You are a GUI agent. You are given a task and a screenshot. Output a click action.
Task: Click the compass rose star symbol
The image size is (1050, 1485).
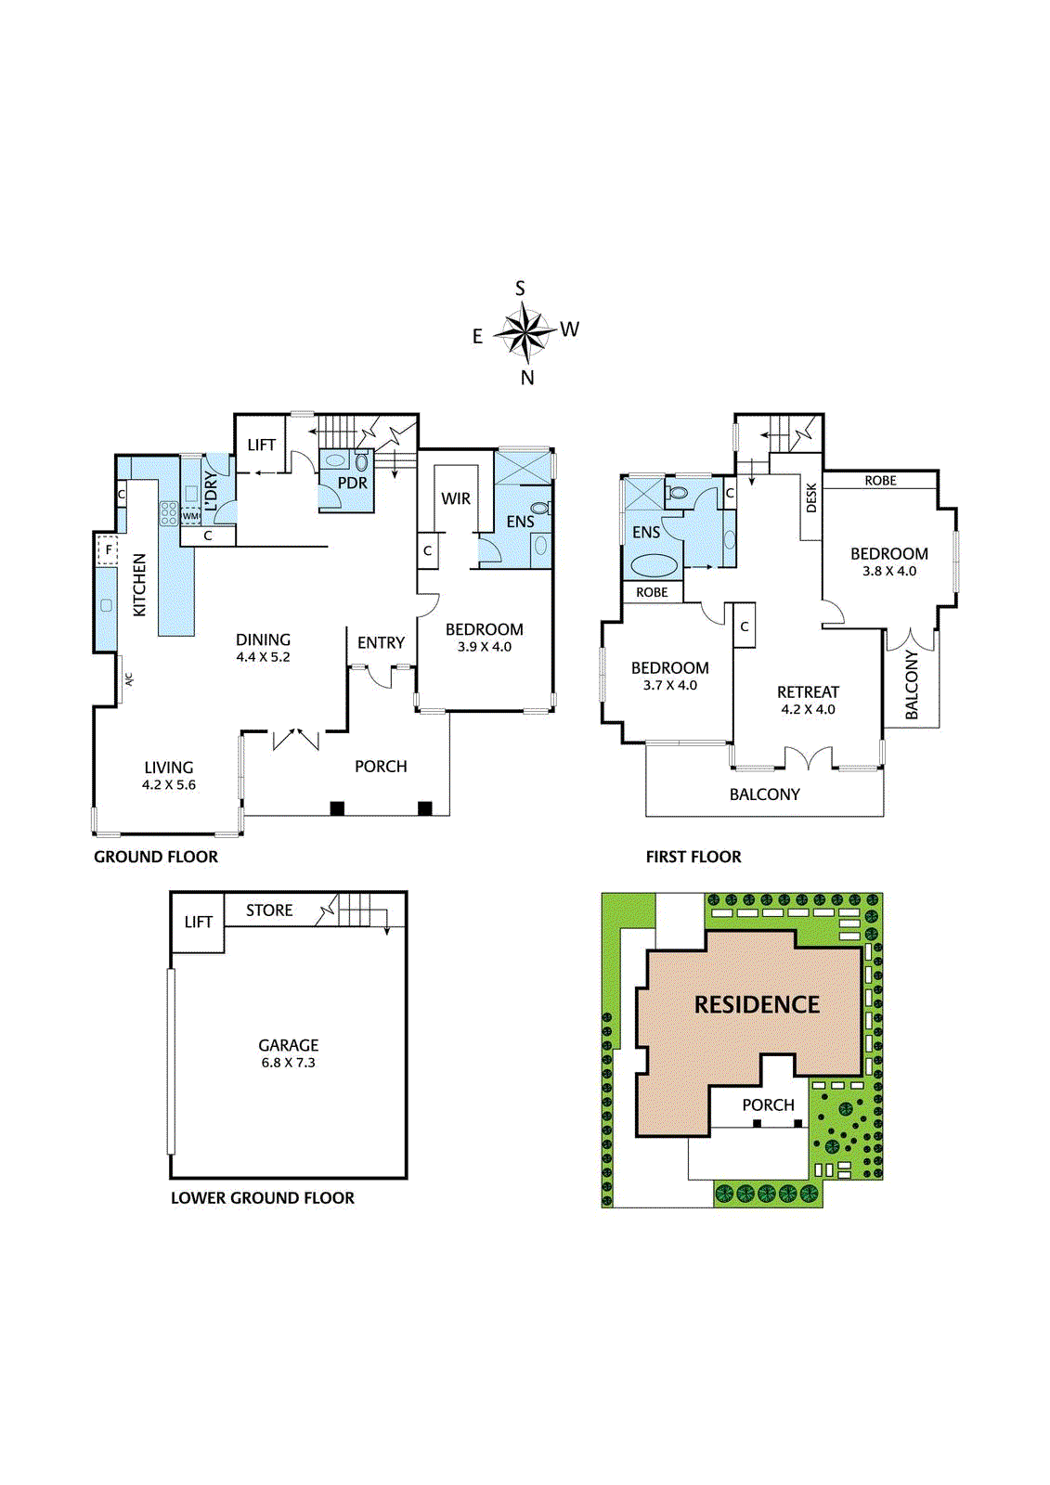[x=525, y=332]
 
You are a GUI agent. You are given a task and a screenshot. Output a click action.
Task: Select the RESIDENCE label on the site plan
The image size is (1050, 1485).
[x=757, y=1004]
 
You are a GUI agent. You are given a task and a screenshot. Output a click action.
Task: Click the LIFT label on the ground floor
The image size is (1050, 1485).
[x=261, y=445]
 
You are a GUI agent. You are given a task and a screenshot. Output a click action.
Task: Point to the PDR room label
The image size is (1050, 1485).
[x=352, y=483]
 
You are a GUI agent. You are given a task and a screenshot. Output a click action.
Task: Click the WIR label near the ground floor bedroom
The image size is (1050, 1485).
[x=455, y=498]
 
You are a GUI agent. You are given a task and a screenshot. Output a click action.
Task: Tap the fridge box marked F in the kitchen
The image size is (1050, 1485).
[x=109, y=550]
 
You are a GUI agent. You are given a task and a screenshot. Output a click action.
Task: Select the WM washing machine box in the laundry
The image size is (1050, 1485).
[x=190, y=516]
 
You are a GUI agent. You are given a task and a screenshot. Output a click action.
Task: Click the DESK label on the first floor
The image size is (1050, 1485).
[x=811, y=497]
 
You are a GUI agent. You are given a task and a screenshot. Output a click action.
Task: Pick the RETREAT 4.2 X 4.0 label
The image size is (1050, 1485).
[x=808, y=700]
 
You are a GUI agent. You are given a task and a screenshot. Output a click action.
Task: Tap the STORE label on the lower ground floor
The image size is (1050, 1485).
[x=269, y=910]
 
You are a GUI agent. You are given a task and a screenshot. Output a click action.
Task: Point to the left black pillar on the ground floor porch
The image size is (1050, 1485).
[x=337, y=808]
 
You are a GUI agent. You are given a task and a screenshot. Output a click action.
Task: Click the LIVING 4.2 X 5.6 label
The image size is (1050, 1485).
[x=169, y=775]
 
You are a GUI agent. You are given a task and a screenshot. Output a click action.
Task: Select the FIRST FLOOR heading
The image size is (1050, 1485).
[x=694, y=857]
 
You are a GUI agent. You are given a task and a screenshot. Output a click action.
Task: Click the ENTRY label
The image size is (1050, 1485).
[x=381, y=642]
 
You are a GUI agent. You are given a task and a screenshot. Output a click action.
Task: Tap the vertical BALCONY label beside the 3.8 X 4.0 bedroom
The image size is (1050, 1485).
[x=911, y=684]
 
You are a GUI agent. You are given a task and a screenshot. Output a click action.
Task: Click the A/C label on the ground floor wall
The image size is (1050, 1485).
[x=128, y=678]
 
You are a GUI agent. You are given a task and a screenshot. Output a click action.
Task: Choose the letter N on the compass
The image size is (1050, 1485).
[x=527, y=377]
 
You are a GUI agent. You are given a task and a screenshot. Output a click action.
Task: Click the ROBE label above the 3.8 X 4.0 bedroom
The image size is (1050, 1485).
[x=880, y=481]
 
